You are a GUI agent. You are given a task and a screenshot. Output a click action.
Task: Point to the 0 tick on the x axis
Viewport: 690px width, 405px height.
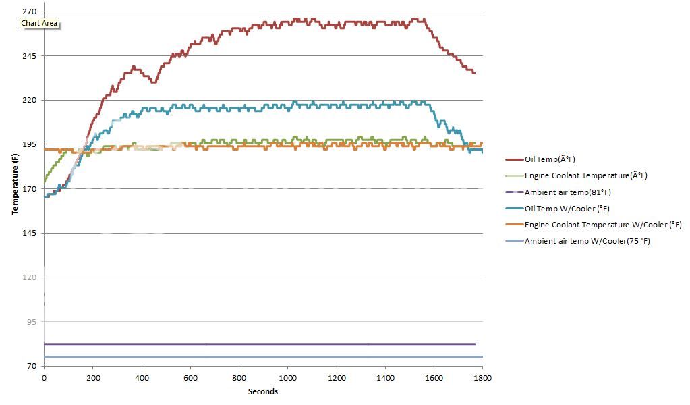pos(44,379)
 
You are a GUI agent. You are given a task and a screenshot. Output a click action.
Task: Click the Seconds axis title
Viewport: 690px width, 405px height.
pos(262,391)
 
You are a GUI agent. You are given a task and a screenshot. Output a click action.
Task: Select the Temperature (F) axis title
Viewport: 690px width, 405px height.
pos(14,184)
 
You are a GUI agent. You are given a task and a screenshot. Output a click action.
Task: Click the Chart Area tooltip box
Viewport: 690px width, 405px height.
pos(40,23)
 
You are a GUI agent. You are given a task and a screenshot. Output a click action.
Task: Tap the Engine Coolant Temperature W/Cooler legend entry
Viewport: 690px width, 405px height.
pos(594,225)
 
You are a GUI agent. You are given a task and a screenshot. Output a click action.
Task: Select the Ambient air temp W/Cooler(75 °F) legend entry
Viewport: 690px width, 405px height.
pos(577,241)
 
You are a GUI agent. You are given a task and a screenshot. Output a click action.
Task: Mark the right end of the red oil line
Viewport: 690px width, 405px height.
pos(475,72)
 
